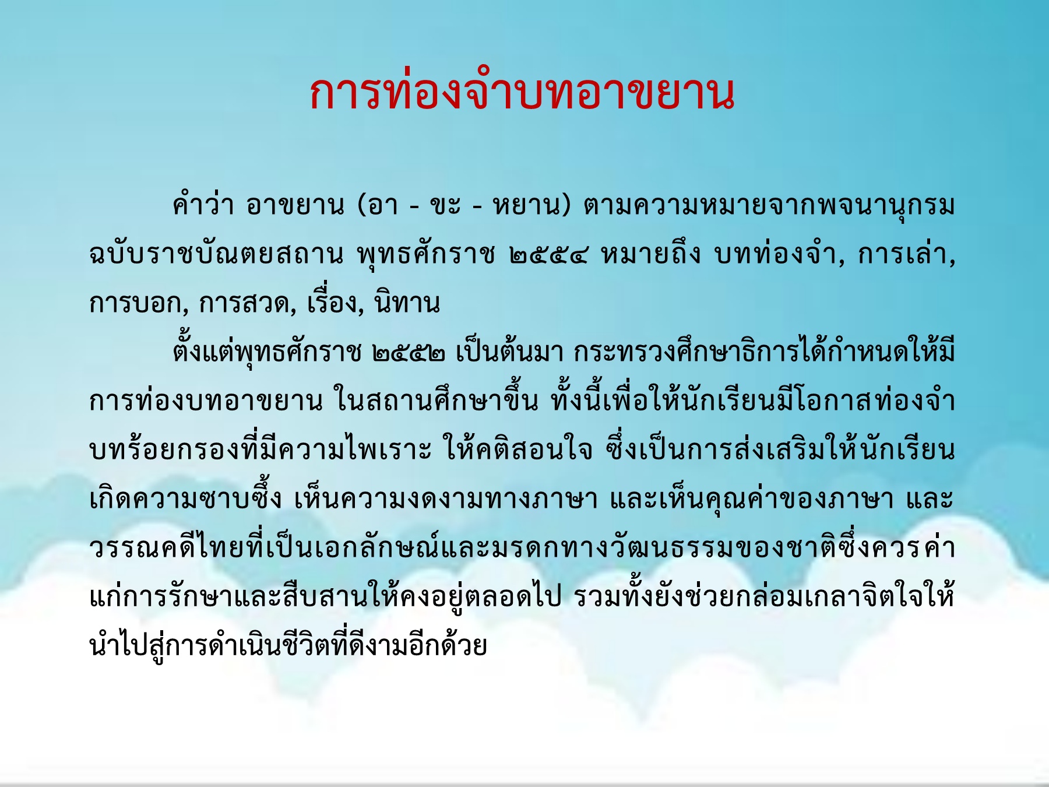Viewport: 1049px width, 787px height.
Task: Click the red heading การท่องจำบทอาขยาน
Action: [x=522, y=93]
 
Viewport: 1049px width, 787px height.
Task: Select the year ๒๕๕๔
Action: [x=548, y=255]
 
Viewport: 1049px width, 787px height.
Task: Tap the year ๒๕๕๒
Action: [x=410, y=353]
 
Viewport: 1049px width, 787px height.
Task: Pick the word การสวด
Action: [x=247, y=303]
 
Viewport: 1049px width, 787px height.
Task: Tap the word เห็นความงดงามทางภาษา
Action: [x=446, y=498]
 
